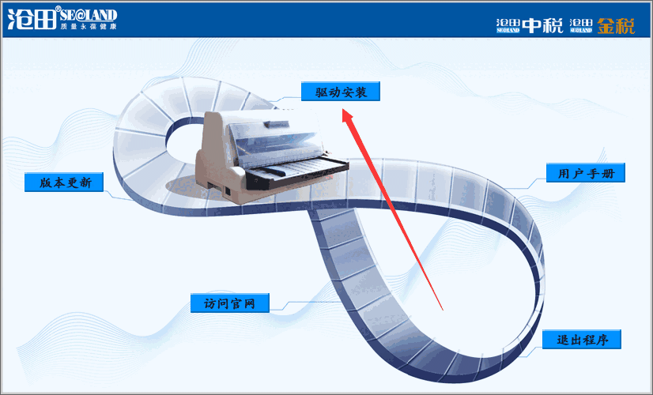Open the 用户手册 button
[586, 173]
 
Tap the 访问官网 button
[230, 303]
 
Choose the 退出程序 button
[582, 340]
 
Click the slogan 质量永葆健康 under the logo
[88, 28]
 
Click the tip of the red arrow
[344, 111]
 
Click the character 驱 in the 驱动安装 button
[321, 92]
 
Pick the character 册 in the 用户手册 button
[611, 173]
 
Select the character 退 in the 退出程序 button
[563, 340]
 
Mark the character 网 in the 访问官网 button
[255, 303]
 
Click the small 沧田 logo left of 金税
[581, 25]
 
